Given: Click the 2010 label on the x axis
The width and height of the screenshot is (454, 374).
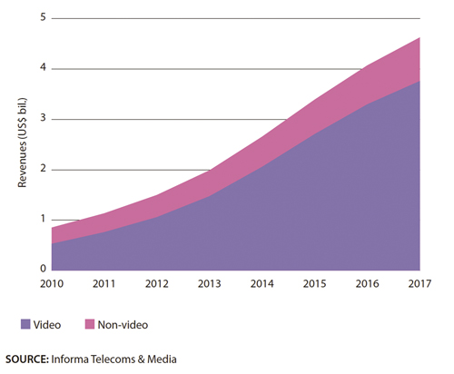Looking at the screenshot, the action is pos(52,284).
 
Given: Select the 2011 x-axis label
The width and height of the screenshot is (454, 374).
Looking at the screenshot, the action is pos(104,284).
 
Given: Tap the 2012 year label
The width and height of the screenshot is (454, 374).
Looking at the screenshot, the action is pos(157,284).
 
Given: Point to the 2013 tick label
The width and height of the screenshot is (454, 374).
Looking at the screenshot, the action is pos(210,284).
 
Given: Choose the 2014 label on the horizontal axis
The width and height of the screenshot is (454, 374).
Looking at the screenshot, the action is pos(262,284).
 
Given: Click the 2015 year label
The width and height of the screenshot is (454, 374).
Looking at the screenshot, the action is pos(315,284).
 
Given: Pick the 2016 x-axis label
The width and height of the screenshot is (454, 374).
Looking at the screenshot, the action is pos(367,284).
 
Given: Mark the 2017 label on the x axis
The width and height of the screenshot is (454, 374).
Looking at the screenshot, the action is pos(419,284).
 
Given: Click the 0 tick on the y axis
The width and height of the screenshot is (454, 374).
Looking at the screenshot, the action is pos(43,269).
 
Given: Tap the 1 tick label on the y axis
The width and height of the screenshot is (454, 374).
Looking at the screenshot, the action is pos(43,219).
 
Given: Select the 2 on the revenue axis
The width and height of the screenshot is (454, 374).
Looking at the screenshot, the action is pos(43,168).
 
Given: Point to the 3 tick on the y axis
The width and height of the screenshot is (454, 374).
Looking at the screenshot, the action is pos(43,118).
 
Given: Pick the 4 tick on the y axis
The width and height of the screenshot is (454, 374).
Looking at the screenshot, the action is pos(43,67).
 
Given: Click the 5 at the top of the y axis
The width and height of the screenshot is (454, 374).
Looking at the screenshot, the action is pos(43,17).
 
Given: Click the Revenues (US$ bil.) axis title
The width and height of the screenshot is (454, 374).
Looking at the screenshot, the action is pos(23,143).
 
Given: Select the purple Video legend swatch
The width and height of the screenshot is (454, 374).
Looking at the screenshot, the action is pos(25,324).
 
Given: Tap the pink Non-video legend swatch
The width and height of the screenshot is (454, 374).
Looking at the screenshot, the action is pos(90,324).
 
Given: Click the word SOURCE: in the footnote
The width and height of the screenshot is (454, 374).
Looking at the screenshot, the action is pos(27,359).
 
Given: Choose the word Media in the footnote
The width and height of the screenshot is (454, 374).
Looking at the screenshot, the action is pos(162,359).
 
